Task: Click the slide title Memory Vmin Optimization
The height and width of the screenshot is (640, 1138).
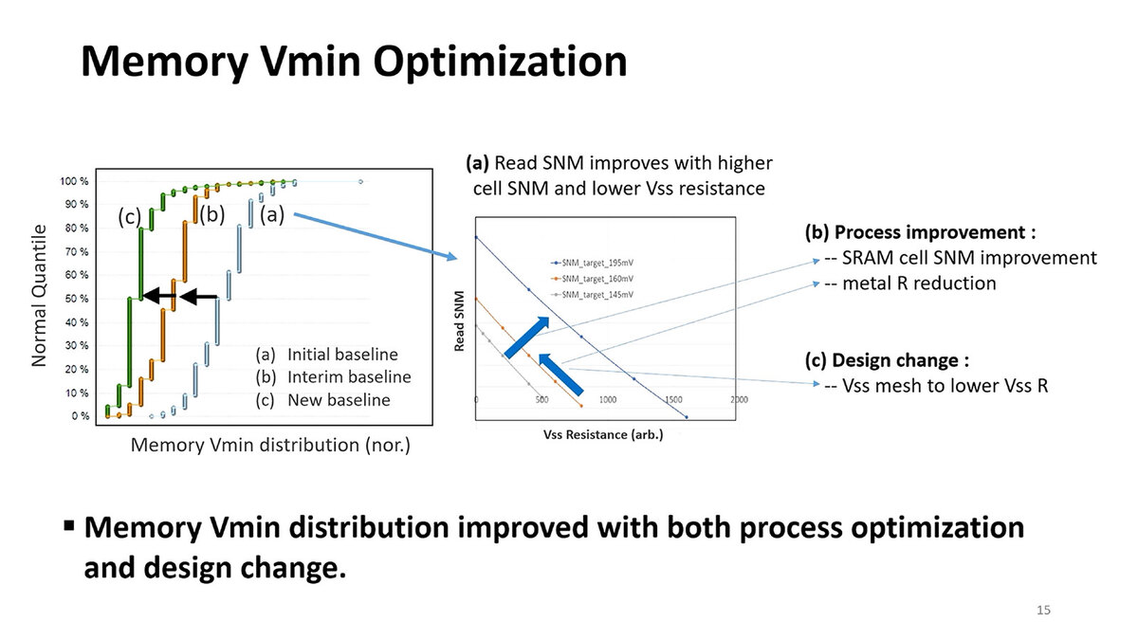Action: coord(353,62)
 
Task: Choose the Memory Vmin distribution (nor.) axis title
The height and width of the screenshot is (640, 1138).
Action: coord(269,444)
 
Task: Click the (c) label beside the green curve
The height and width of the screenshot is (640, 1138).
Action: coord(129,217)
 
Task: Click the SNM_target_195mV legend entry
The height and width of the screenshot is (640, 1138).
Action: coord(594,262)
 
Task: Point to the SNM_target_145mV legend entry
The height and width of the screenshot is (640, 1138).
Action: coord(594,296)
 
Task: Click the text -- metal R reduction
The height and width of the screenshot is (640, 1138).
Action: coord(910,283)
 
